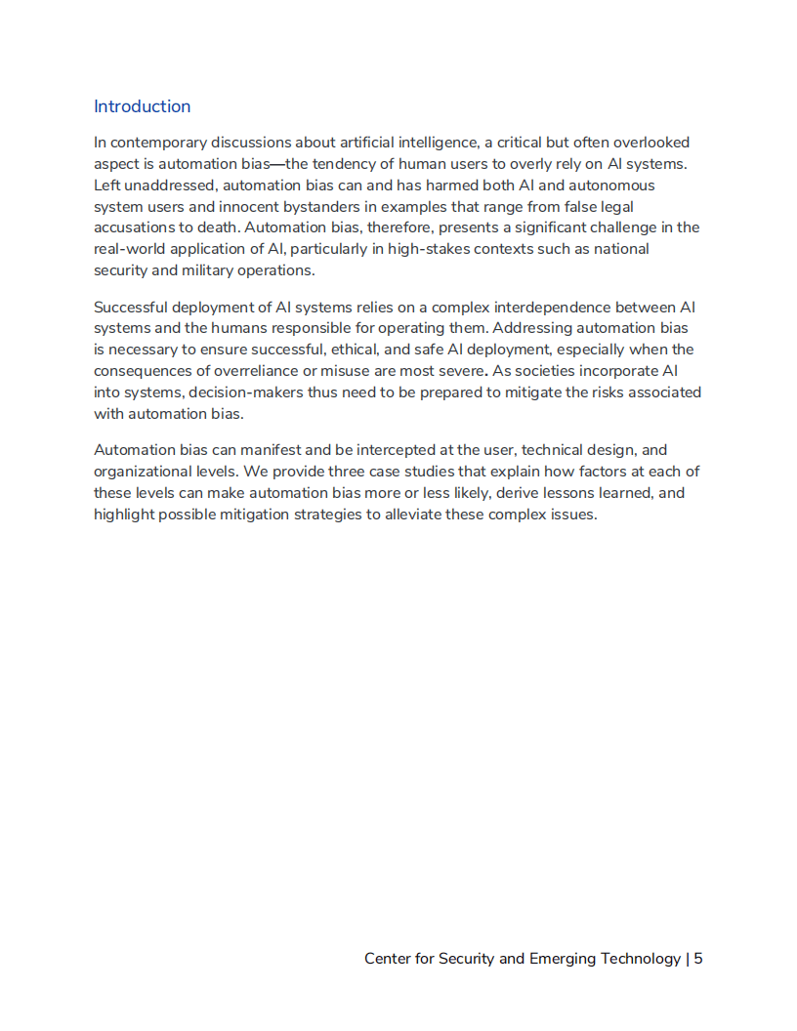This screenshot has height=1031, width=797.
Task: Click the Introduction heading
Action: pyautogui.click(x=142, y=106)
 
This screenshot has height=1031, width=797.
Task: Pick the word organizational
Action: pyautogui.click(x=143, y=472)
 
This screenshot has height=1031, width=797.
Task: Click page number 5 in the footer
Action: pyautogui.click(x=698, y=959)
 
